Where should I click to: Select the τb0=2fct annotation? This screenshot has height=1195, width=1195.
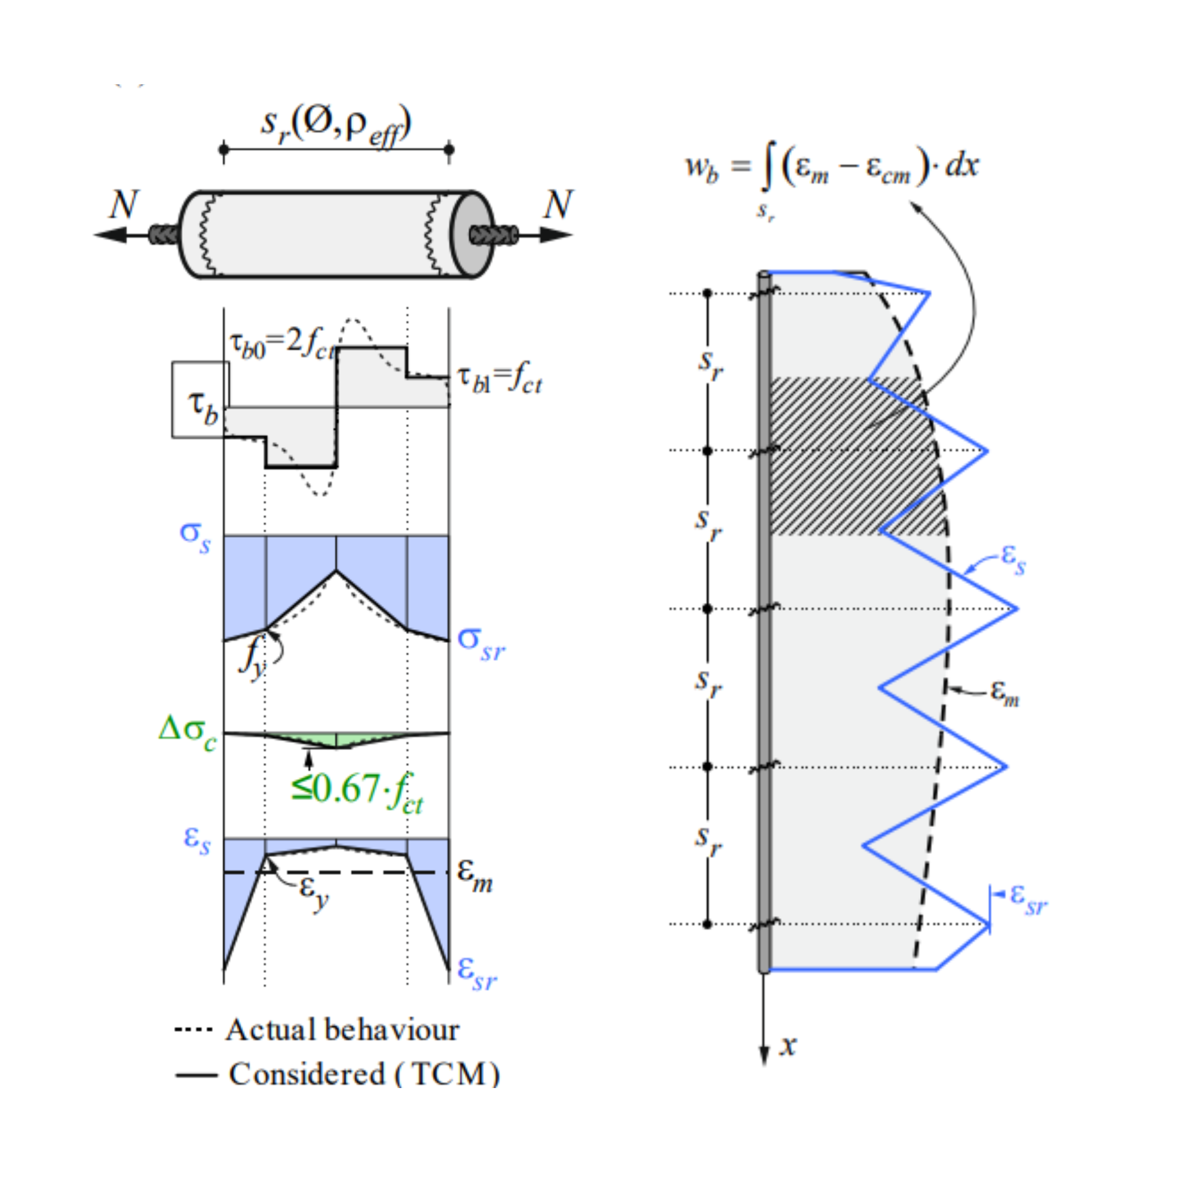[282, 344]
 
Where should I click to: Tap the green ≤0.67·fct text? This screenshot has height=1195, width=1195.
[357, 791]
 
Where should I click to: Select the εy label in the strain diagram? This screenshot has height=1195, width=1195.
[314, 891]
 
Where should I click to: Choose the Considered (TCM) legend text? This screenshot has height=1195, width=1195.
[364, 1074]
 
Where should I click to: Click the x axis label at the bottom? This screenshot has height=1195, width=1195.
[788, 1044]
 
